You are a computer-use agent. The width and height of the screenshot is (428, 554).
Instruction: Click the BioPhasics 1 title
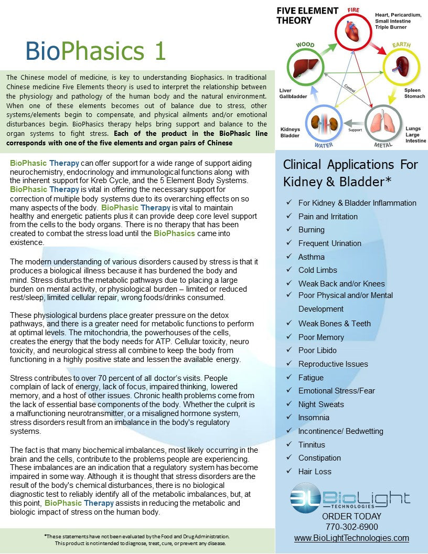click(x=96, y=51)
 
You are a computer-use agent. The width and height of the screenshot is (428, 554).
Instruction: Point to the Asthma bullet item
click(x=311, y=257)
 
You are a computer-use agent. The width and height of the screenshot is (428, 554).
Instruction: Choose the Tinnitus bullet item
click(x=312, y=444)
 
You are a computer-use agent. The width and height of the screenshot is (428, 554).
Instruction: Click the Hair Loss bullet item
click(x=315, y=471)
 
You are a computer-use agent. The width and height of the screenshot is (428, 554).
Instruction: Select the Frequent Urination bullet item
click(x=329, y=243)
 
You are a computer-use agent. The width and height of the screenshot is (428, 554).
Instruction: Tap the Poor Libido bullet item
click(x=317, y=350)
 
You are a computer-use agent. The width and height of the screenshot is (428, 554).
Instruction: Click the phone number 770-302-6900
click(x=351, y=527)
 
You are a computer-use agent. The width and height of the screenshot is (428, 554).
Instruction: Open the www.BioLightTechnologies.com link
click(x=351, y=538)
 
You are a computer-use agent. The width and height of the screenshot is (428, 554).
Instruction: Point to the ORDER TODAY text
click(x=351, y=516)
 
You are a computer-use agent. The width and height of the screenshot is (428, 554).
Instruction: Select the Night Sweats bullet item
click(x=321, y=404)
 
